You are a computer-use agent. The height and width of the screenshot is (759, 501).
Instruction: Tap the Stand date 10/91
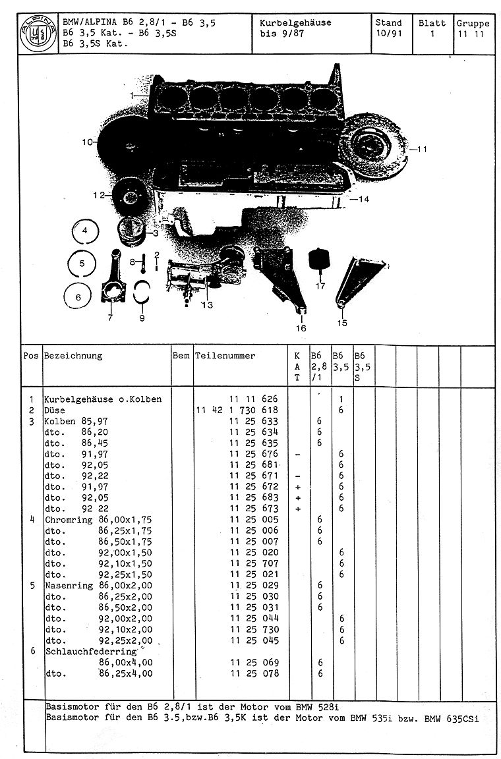(x=388, y=33)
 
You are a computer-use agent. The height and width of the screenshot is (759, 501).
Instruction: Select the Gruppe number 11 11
(x=472, y=34)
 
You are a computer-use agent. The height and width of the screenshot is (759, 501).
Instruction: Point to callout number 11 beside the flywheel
(x=423, y=149)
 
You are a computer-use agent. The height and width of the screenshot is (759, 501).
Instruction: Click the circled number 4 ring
(x=84, y=231)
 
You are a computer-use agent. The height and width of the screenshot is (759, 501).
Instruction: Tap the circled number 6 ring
(x=78, y=297)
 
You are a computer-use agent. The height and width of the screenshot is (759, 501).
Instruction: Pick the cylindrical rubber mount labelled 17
(x=320, y=262)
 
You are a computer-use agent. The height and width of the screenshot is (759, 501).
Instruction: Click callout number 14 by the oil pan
(x=363, y=198)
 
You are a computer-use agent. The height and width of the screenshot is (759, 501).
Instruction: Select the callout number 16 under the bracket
(x=301, y=327)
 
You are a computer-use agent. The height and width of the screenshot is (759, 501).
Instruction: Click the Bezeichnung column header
(x=73, y=356)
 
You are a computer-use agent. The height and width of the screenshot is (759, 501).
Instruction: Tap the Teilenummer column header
(x=225, y=356)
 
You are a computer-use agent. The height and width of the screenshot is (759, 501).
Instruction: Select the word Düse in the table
(x=55, y=410)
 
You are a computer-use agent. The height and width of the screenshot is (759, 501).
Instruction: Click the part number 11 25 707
(x=254, y=563)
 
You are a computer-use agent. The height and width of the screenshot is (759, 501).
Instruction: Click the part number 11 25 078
(x=254, y=673)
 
